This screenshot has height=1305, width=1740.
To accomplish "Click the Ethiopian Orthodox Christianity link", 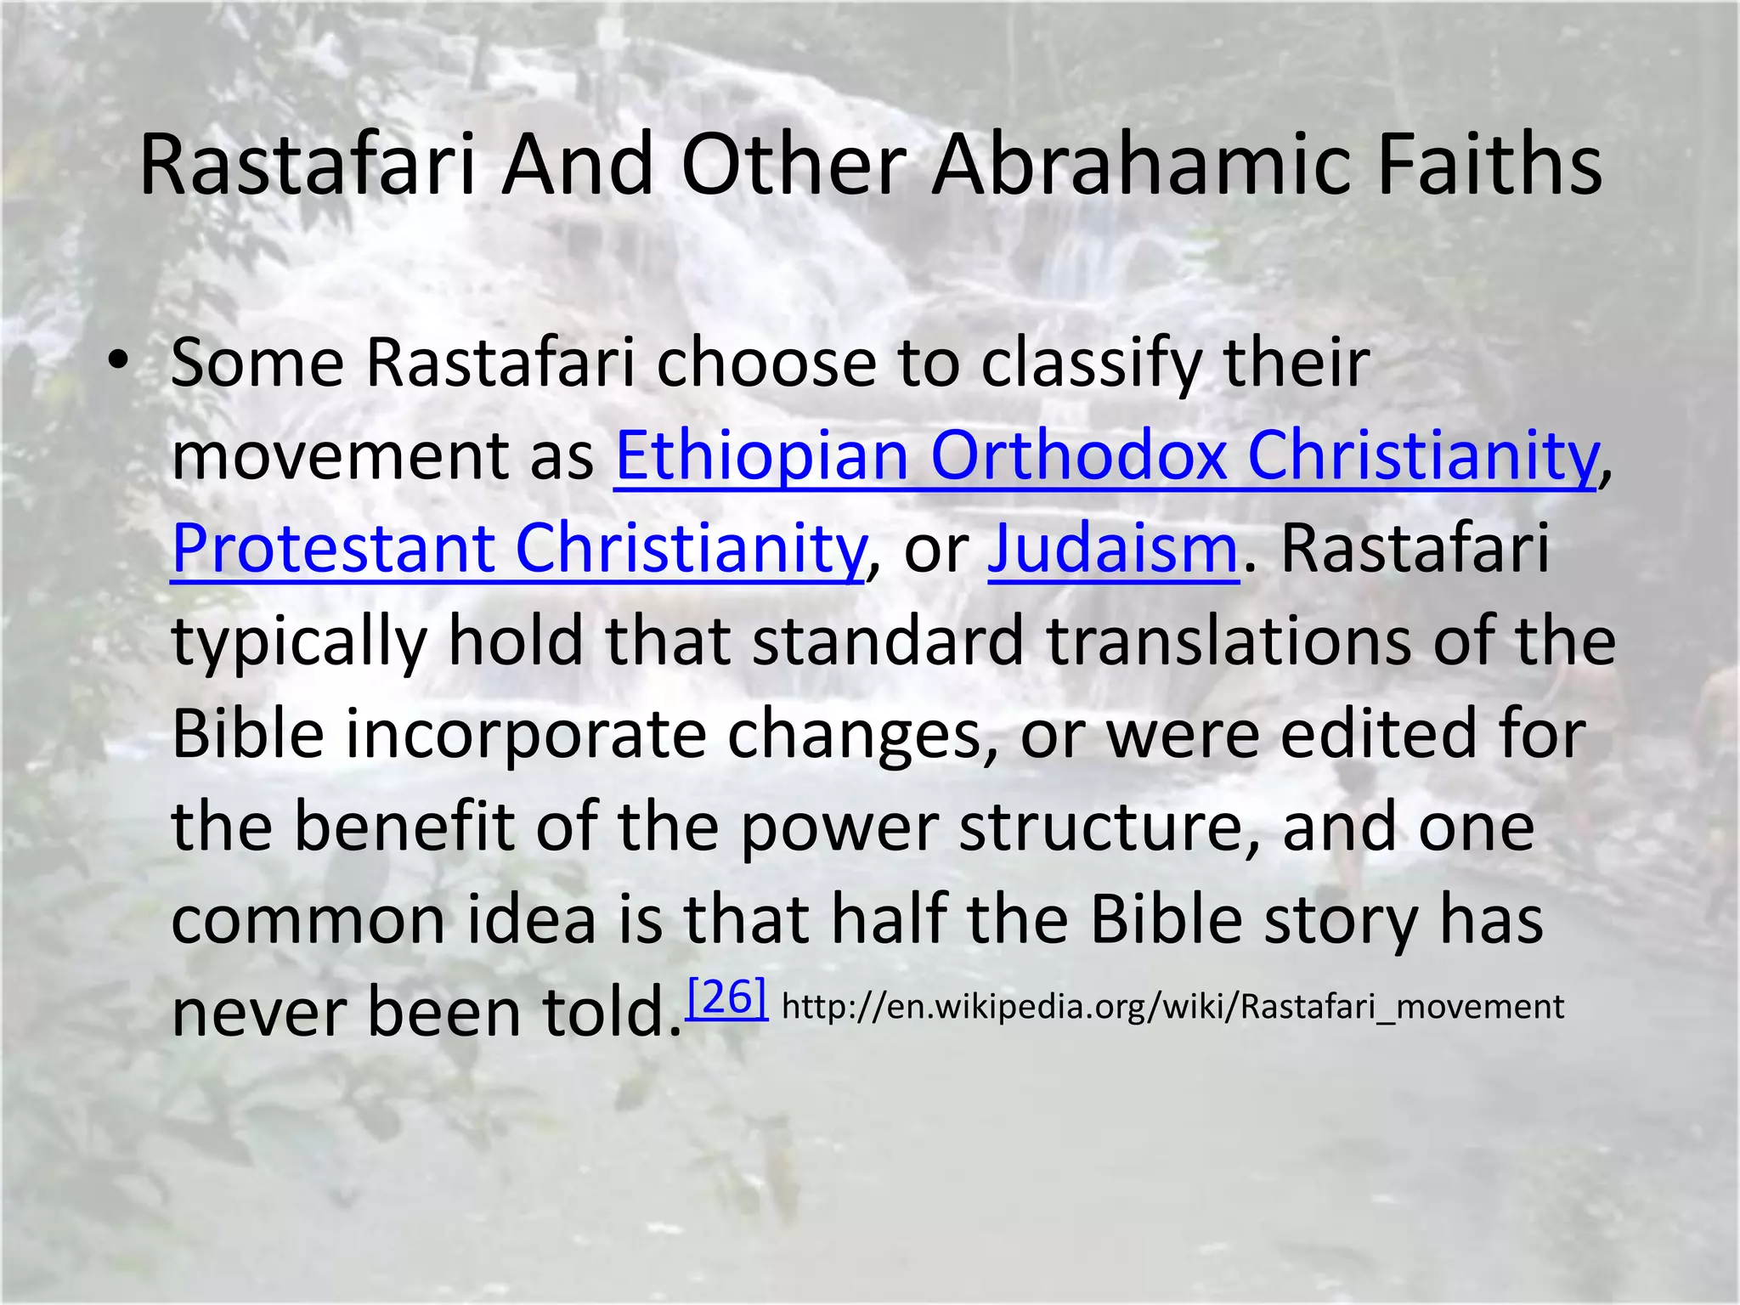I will coord(1105,455).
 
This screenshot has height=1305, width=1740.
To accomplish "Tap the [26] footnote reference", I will coord(727,997).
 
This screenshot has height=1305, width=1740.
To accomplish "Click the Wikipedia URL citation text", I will coord(1172,1007).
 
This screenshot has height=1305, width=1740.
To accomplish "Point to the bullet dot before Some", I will coord(119,362).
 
